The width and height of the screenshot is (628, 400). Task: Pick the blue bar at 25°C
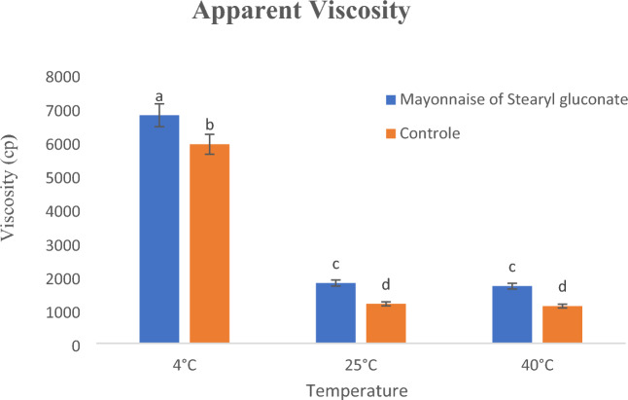336,312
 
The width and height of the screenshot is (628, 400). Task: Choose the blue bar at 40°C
512,314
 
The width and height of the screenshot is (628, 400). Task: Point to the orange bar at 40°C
562,324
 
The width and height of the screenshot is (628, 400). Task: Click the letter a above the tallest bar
159,96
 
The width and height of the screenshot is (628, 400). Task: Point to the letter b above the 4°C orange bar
209,126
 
